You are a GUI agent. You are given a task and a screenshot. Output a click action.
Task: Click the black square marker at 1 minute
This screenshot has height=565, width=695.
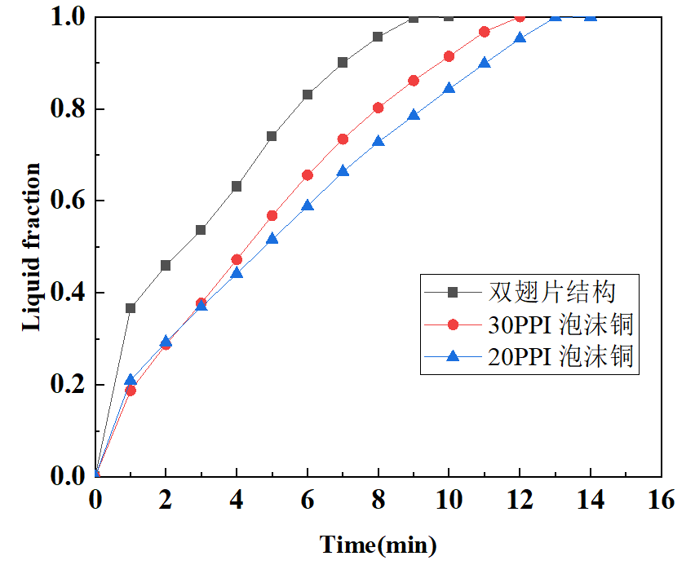131,308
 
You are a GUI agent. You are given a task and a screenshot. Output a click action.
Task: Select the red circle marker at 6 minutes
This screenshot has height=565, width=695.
308,175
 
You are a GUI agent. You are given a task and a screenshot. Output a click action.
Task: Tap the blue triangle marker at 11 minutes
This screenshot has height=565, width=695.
485,63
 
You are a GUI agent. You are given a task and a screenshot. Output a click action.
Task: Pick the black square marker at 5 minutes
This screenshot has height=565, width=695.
272,136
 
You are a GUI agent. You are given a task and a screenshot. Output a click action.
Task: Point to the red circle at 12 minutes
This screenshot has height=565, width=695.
520,17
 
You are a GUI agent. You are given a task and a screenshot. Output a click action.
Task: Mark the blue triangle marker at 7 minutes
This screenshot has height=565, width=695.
343,170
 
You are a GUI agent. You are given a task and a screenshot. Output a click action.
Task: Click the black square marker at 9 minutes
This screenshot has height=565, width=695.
414,18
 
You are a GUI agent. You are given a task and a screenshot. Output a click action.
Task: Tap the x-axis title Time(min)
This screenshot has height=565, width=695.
378,544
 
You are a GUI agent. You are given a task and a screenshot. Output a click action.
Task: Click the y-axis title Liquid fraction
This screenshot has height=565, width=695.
31,246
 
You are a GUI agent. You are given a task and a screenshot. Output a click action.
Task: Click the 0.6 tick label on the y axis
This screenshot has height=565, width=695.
69,201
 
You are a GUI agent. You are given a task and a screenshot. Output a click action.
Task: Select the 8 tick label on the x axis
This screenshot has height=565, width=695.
378,499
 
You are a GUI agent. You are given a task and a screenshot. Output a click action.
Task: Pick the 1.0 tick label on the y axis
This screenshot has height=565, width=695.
69,17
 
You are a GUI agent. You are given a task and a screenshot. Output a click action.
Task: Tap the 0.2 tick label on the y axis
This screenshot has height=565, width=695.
69,385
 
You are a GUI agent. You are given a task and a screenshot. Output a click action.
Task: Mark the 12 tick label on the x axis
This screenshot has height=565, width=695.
520,499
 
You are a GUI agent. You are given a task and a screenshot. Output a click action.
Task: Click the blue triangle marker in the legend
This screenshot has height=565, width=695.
454,356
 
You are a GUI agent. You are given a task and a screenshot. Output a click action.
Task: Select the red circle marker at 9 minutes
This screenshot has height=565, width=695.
414,81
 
